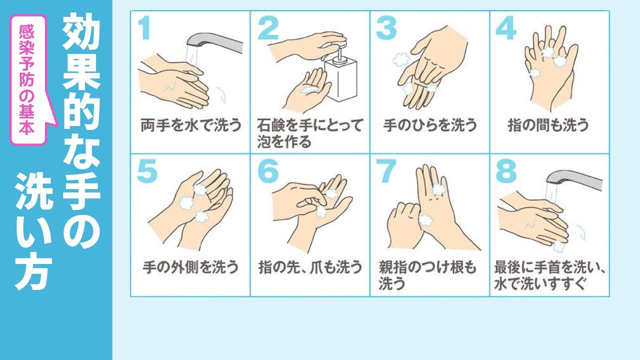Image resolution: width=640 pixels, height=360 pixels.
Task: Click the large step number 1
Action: (144, 27)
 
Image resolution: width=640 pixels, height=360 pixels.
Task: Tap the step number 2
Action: (268, 27)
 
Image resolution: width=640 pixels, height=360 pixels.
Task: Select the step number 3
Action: (386, 27)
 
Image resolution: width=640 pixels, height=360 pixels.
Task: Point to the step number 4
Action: (506, 27)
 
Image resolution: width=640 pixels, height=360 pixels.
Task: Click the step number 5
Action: (147, 171)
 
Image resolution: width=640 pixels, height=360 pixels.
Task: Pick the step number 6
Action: (268, 171)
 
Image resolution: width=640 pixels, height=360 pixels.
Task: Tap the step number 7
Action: (386, 171)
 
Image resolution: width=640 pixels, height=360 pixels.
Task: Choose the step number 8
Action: (506, 171)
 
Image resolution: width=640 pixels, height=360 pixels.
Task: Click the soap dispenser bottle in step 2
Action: (340, 74)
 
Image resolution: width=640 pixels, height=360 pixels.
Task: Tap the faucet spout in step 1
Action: (214, 42)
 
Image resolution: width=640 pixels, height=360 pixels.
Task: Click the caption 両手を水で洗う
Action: (191, 125)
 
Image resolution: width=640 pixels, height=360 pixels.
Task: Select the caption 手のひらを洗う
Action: (429, 125)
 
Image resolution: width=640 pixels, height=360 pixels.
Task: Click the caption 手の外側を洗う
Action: (190, 267)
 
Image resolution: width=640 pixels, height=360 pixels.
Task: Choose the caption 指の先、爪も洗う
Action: (310, 267)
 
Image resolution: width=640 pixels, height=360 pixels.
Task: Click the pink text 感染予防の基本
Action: (27, 79)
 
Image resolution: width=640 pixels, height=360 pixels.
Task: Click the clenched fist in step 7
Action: (405, 225)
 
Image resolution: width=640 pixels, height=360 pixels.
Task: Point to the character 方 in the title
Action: (33, 271)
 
